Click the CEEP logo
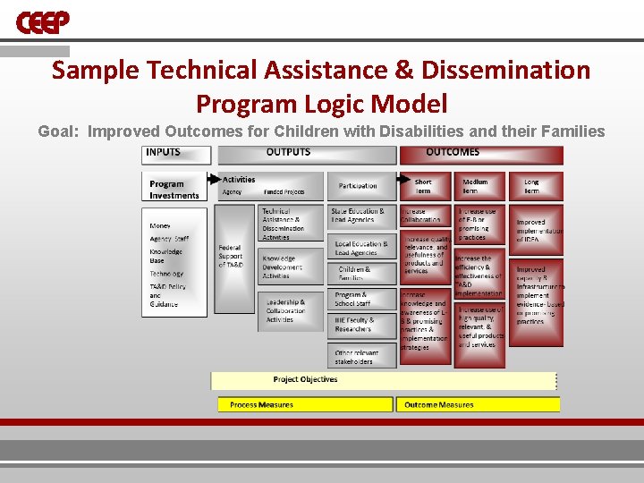[x=42, y=21]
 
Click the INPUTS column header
[x=178, y=154]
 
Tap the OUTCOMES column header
[x=481, y=154]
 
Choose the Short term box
[x=424, y=186]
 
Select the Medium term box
[x=479, y=186]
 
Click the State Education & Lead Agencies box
[x=361, y=216]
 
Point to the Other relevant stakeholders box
[x=361, y=357]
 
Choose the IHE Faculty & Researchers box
[x=361, y=325]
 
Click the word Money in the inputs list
[x=160, y=226]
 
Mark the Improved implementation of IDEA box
[x=537, y=231]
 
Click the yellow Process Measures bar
[x=304, y=405]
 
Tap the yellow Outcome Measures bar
[x=479, y=405]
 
